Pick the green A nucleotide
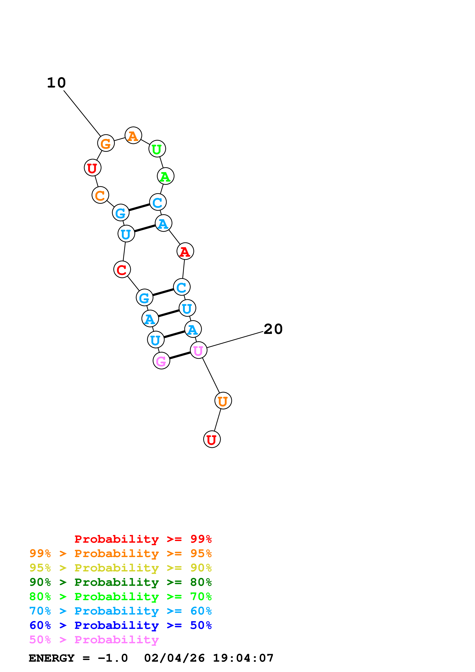[x=166, y=176]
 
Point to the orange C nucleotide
[x=100, y=195]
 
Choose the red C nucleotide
[x=122, y=269]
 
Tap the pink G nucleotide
[x=161, y=361]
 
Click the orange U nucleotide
[x=223, y=401]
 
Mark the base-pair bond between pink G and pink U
[x=180, y=355]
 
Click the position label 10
[x=57, y=83]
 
